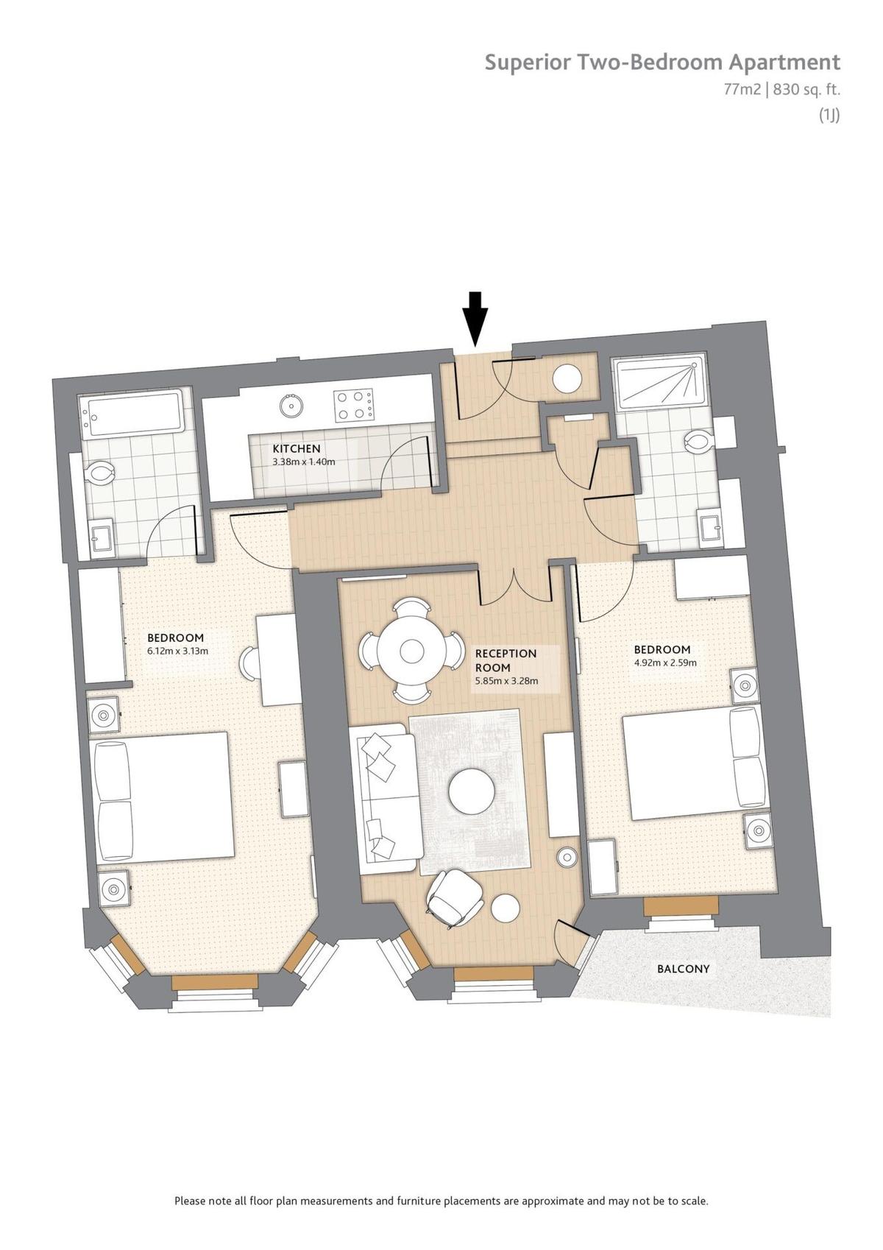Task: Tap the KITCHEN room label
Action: pyautogui.click(x=297, y=448)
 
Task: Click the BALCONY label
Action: pyautogui.click(x=683, y=968)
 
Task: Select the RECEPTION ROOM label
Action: pyautogui.click(x=506, y=660)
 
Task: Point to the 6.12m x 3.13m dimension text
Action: pyautogui.click(x=177, y=651)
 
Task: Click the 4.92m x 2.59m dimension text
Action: pyautogui.click(x=665, y=663)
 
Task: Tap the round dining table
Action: pyautogui.click(x=412, y=649)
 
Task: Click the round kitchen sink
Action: pyautogui.click(x=291, y=404)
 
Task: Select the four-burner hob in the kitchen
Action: pyautogui.click(x=354, y=405)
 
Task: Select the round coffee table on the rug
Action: pyautogui.click(x=471, y=791)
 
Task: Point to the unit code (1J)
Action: pyautogui.click(x=829, y=114)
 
